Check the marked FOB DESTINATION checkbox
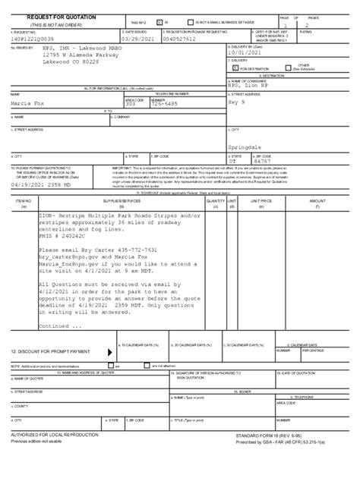tap(236, 68)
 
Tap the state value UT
tap(233, 161)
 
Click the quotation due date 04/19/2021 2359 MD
tap(43, 183)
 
